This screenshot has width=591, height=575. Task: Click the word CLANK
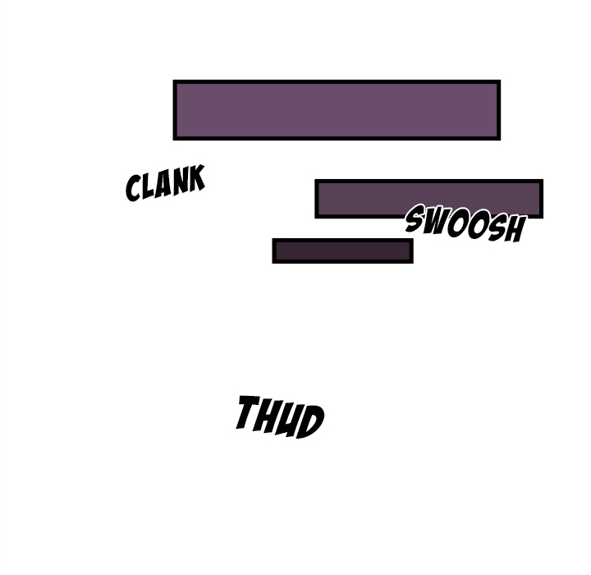point(164,184)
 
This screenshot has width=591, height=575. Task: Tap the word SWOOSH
point(465,224)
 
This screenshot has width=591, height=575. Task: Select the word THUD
point(279,416)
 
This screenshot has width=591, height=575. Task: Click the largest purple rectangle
point(337,110)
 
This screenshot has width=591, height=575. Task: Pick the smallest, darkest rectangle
point(342,251)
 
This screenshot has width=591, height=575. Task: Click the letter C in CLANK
point(133,188)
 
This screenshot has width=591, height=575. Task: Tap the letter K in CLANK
point(195,179)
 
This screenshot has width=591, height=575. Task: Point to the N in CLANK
point(179,182)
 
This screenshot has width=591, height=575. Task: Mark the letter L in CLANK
point(148,187)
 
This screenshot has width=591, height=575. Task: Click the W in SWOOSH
point(436,221)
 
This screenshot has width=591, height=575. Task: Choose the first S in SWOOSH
point(415,218)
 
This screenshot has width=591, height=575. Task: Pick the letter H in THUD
point(268,416)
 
